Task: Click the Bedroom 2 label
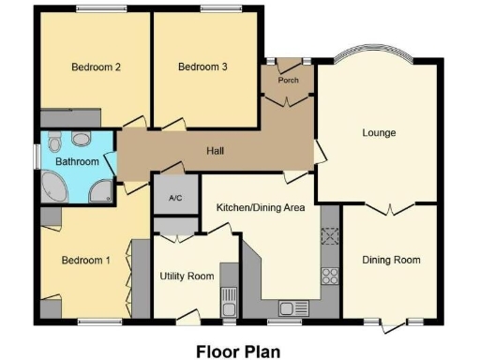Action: pyautogui.click(x=96, y=67)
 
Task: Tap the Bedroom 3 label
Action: pyautogui.click(x=202, y=67)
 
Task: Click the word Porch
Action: pyautogui.click(x=287, y=81)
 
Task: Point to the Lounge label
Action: pyautogui.click(x=379, y=133)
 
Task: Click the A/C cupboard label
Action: pyautogui.click(x=174, y=198)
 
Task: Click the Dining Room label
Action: pyautogui.click(x=391, y=260)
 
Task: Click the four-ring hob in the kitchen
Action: pyautogui.click(x=330, y=275)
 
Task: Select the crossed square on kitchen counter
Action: pyautogui.click(x=330, y=236)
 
